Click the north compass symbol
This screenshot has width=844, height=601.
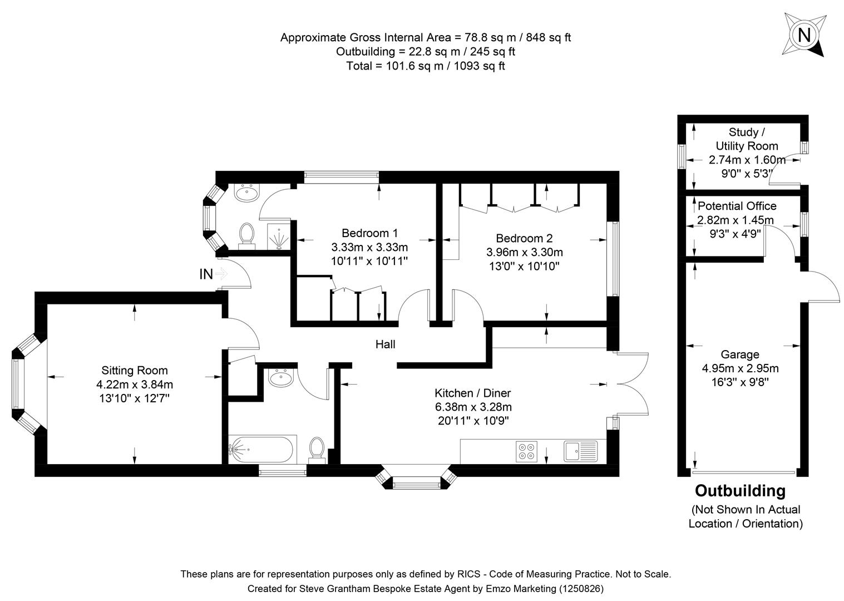(804, 35)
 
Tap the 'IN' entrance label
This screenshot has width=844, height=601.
(206, 274)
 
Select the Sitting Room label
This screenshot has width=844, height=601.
(134, 370)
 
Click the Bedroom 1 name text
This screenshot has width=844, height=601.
(369, 233)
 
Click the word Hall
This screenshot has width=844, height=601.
(385, 344)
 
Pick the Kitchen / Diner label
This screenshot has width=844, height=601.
(472, 393)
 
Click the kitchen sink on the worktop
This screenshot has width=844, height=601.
(580, 451)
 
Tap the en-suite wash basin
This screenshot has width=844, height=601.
(246, 193)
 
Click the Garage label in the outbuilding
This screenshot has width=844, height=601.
(739, 354)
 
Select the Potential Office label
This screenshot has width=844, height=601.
(737, 206)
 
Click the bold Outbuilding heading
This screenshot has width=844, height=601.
(740, 491)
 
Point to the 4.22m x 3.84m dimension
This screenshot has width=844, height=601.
(134, 384)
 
